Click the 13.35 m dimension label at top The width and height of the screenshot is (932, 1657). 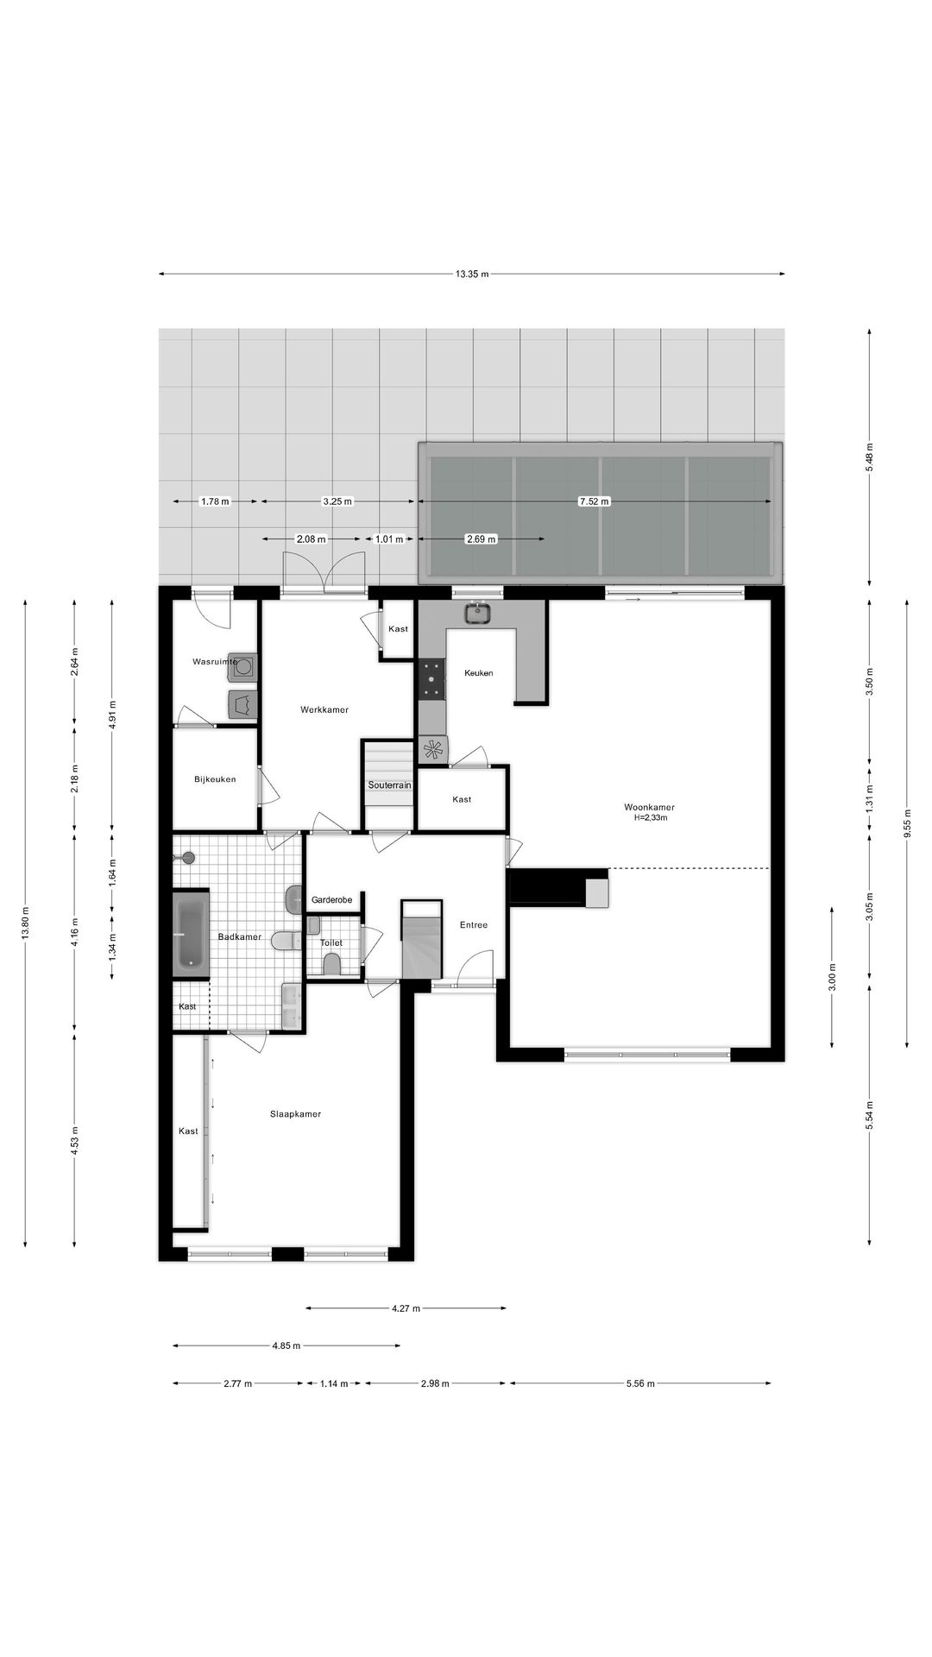(472, 274)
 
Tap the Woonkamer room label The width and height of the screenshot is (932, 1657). (649, 807)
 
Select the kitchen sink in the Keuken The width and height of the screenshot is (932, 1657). (476, 614)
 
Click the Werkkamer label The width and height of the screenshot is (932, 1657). (324, 709)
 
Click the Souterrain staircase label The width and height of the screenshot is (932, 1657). (389, 785)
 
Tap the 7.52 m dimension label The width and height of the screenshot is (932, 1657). (594, 501)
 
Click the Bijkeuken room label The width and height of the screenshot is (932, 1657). (215, 779)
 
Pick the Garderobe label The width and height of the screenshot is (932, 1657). (331, 900)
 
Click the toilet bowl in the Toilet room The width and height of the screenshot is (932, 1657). (331, 963)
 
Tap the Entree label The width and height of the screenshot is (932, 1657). (473, 925)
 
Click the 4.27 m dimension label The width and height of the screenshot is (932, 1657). (406, 1308)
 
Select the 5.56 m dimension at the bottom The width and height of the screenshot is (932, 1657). (640, 1383)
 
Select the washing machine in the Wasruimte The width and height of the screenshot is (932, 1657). (244, 666)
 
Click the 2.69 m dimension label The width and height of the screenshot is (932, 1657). (481, 539)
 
